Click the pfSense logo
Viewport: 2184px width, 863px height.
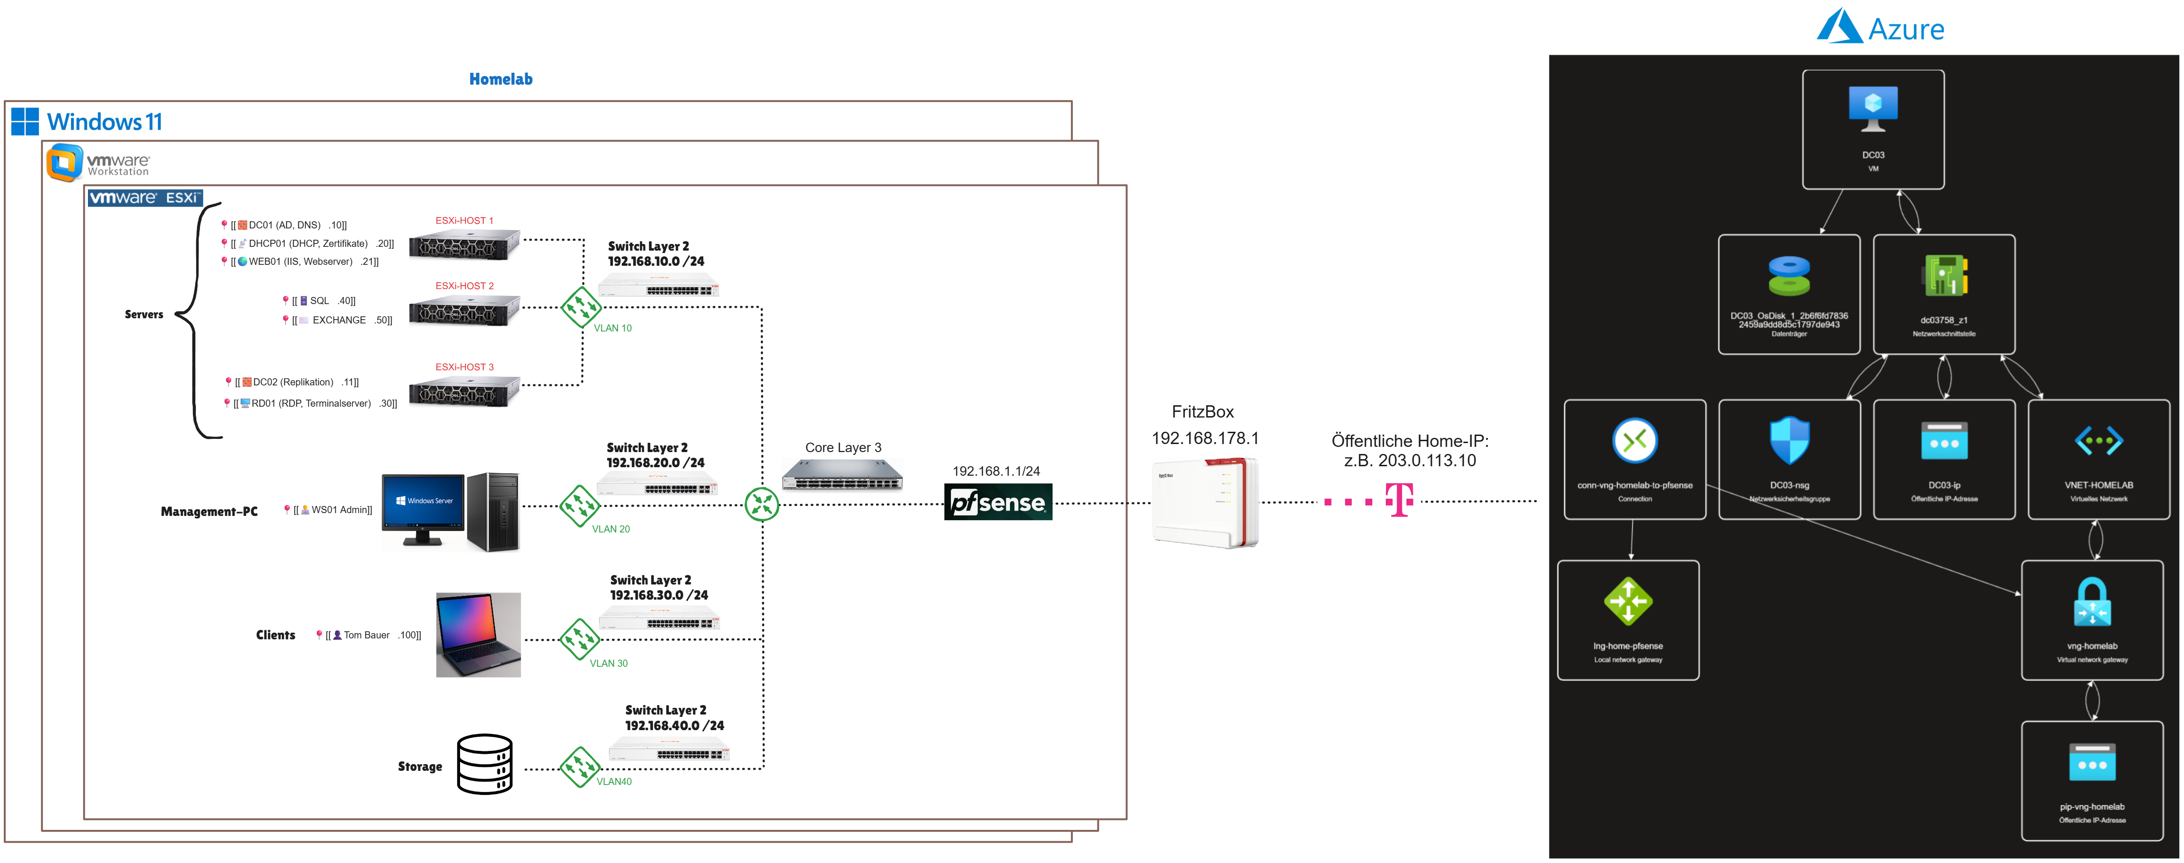point(998,502)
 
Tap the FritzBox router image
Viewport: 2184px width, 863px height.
point(1205,502)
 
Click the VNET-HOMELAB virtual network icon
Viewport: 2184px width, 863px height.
point(2098,441)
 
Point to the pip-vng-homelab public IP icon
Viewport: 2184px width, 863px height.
point(2092,762)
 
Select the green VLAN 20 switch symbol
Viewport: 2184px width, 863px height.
point(580,506)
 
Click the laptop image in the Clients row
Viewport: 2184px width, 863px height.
point(478,635)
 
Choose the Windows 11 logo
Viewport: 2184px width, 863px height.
point(26,121)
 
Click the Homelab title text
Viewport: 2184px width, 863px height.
point(500,79)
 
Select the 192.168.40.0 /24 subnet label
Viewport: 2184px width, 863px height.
point(674,726)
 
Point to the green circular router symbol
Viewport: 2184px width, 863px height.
point(761,505)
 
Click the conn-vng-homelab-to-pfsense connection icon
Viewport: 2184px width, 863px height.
point(1635,441)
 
